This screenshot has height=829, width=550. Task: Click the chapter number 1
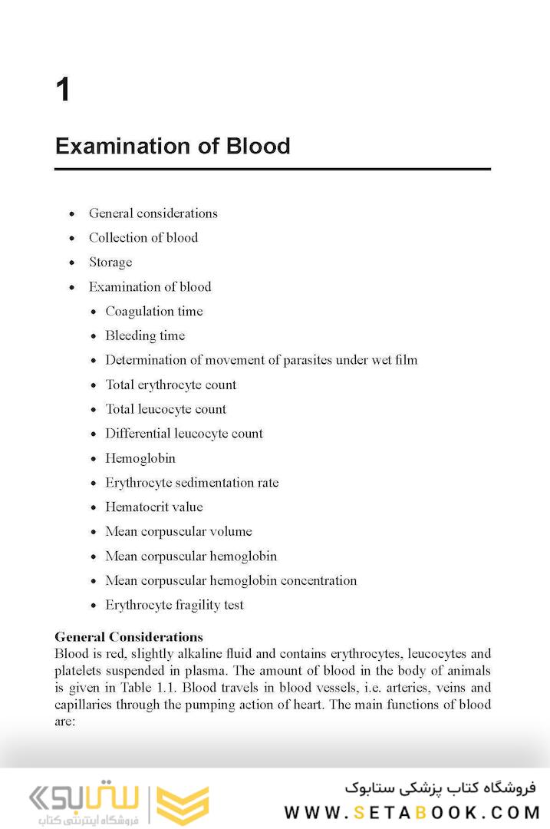pos(63,91)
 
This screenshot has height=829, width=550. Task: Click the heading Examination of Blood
pos(173,146)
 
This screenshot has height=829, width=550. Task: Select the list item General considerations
pos(153,213)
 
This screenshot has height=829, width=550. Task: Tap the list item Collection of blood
pos(143,238)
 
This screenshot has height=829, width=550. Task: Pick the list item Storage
pos(110,263)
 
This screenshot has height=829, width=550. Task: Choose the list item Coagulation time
pos(154,311)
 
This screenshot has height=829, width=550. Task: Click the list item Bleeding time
pos(145,335)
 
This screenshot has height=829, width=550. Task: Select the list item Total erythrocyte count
pos(171,385)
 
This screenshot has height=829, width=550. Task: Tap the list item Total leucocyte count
pos(166,409)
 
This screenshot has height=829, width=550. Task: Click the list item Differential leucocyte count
pos(184,434)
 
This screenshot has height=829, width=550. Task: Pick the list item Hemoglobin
pos(140,458)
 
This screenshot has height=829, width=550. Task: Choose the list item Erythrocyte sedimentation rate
pos(192,483)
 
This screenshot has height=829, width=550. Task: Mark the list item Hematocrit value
pos(154,507)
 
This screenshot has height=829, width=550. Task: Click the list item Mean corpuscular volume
pos(179,531)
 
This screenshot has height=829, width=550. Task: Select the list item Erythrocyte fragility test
pos(174,605)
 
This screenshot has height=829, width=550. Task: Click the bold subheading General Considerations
pos(129,637)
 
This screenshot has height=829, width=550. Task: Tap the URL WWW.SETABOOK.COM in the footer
pos(413,812)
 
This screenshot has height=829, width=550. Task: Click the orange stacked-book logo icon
pos(183,805)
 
